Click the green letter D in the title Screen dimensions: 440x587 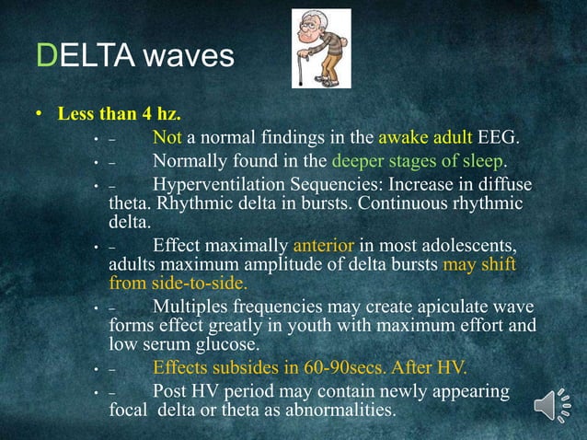tap(46, 56)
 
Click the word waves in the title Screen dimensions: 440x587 tap(190, 57)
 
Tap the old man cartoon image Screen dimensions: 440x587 tap(321, 48)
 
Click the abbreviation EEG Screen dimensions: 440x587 tap(498, 139)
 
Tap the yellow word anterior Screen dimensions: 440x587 tap(322, 246)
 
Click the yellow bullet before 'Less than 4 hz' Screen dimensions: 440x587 tap(40, 116)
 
